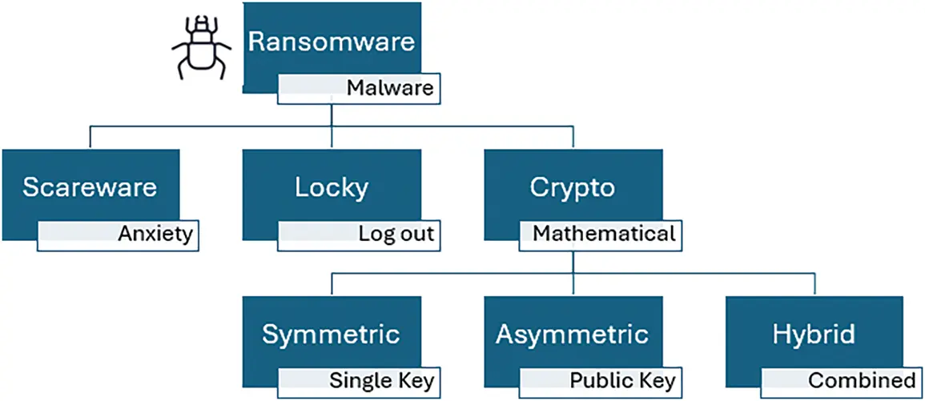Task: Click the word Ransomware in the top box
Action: click(x=332, y=42)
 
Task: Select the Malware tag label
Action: click(x=390, y=87)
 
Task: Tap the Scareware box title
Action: click(x=90, y=187)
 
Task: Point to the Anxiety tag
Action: click(x=155, y=234)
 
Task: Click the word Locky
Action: click(x=332, y=187)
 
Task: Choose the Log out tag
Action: click(x=396, y=234)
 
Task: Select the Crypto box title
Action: click(x=573, y=187)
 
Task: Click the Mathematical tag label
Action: click(x=604, y=234)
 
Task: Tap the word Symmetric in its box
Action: click(x=332, y=334)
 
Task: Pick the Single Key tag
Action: click(x=382, y=380)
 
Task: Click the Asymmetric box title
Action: click(x=573, y=334)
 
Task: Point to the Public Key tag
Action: click(x=622, y=380)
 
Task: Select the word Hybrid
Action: click(x=814, y=334)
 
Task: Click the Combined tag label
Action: click(x=862, y=380)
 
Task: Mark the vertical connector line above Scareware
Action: click(x=90, y=137)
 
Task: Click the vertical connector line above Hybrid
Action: click(x=814, y=283)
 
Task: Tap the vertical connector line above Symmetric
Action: click(x=332, y=283)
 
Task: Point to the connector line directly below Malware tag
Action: click(x=332, y=114)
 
